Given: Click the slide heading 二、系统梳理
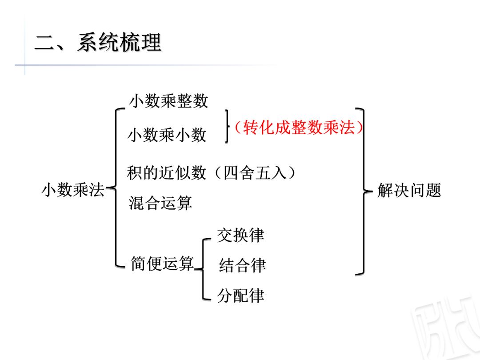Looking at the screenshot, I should [98, 43].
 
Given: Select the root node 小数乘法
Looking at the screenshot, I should [73, 190].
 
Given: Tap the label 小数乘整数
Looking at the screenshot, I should [168, 101].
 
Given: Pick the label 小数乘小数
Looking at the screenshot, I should [167, 135].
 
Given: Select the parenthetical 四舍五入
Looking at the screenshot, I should [255, 172].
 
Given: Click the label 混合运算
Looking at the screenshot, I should [160, 203].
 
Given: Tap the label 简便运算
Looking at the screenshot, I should [162, 264].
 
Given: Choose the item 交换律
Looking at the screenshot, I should [240, 236].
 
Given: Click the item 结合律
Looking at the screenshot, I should [242, 266].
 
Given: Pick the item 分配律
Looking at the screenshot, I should [240, 296].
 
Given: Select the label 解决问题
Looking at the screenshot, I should [409, 191].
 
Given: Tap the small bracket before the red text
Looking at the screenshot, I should [227, 127].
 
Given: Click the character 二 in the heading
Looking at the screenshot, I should [44, 44].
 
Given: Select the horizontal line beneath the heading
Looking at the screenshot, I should [147, 65].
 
